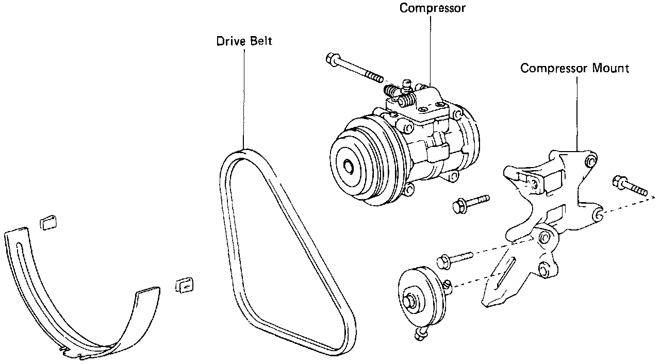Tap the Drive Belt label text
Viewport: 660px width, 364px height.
click(x=244, y=41)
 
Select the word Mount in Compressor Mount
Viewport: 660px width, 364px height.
click(x=612, y=69)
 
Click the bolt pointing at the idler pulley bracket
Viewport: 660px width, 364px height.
click(x=454, y=259)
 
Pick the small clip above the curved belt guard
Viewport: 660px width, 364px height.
click(x=48, y=222)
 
